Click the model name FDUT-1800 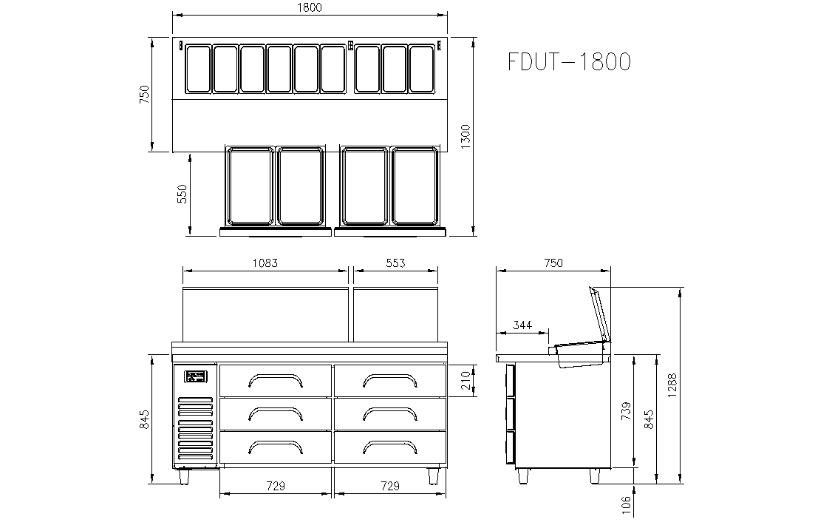point(569,61)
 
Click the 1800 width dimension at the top point(310,7)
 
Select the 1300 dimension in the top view point(466,137)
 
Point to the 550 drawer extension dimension point(182,194)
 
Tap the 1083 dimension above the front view point(265,263)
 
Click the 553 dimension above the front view point(395,263)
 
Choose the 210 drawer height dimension point(466,381)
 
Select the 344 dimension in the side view point(522,325)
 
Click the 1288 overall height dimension point(672,385)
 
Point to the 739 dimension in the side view point(627,411)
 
